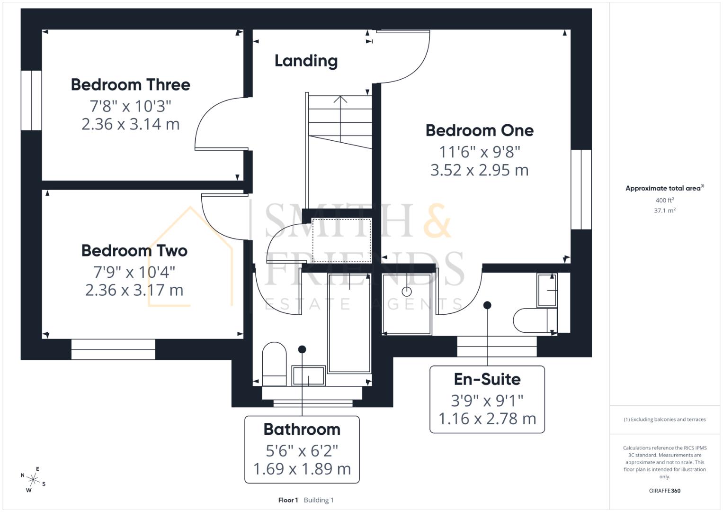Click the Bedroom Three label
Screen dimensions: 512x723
(131, 85)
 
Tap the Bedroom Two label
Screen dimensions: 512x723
(134, 251)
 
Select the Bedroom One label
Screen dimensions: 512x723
(479, 130)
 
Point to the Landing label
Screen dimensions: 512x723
(306, 61)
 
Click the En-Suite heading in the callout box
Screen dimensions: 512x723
(487, 379)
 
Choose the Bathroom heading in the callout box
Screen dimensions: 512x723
(302, 430)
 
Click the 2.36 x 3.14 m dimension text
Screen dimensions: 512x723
(131, 124)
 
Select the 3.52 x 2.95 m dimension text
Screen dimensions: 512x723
(479, 170)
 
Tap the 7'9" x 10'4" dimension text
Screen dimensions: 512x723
(134, 272)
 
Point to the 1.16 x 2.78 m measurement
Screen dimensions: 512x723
(487, 419)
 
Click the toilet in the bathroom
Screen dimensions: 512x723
(274, 363)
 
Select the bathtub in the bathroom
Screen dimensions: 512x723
(349, 322)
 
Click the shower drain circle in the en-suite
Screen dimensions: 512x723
(406, 292)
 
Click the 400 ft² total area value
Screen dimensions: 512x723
(664, 201)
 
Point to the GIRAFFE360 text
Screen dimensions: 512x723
(664, 491)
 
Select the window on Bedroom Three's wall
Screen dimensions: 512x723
(31, 101)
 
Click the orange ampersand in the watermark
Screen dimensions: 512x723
(437, 220)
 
